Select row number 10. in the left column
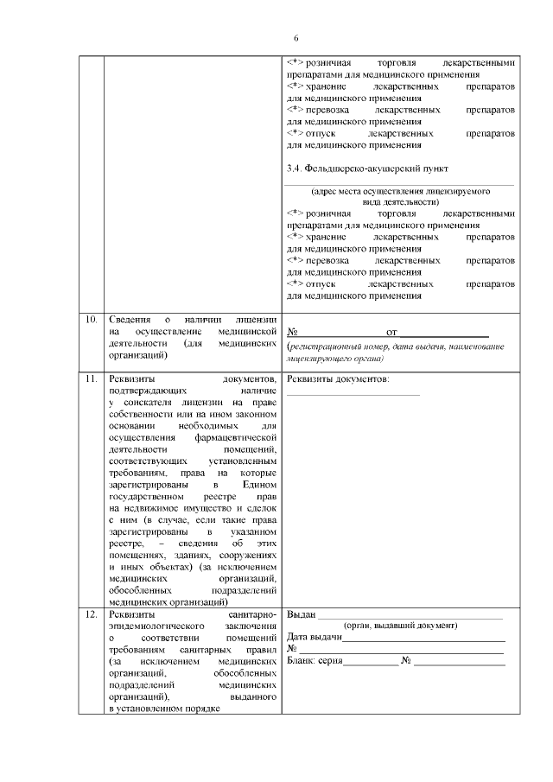pos(91,320)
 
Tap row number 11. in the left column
pos(91,378)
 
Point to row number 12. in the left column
pos(91,614)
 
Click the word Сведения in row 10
pos(129,320)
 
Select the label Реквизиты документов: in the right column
pos(338,378)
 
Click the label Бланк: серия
pos(315,661)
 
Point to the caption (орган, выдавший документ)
pos(400,626)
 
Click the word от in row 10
pos(391,332)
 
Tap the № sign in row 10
pos(292,332)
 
